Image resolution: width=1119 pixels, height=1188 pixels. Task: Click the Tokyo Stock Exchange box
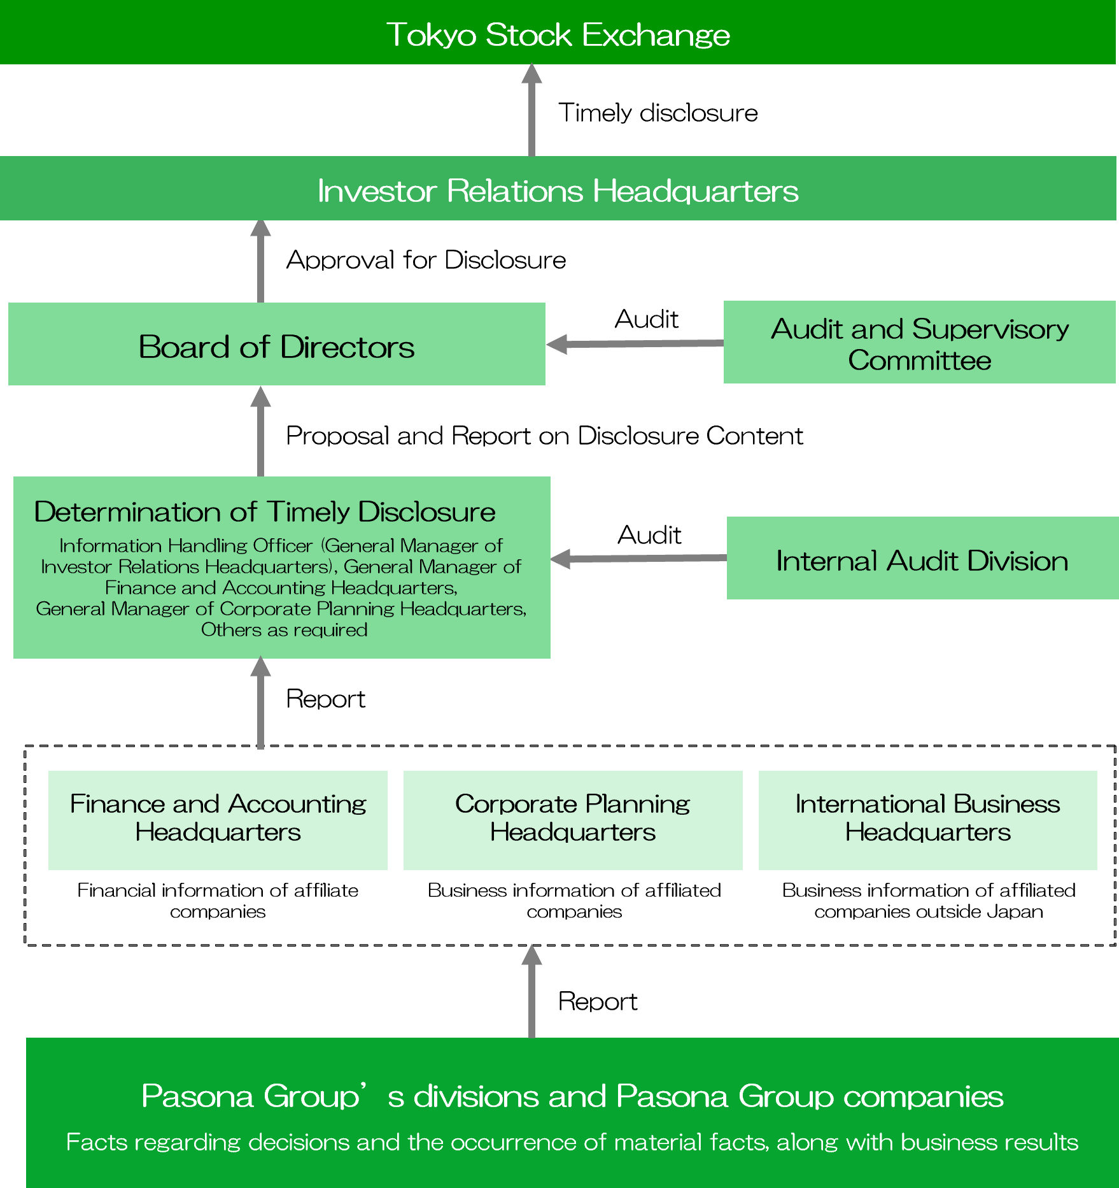pyautogui.click(x=558, y=33)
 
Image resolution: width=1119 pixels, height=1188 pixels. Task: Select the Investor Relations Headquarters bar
pyautogui.click(x=558, y=190)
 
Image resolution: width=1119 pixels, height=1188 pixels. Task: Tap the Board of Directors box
pyautogui.click(x=276, y=345)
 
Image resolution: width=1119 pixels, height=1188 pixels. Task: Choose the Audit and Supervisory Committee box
pyautogui.click(x=919, y=343)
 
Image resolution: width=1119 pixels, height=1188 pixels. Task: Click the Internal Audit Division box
pyautogui.click(x=922, y=559)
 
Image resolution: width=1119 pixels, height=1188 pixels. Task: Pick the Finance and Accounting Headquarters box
pyautogui.click(x=218, y=820)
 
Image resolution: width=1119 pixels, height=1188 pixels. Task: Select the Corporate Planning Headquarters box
pyautogui.click(x=573, y=820)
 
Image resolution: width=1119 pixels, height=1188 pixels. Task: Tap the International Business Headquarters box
pyautogui.click(x=927, y=820)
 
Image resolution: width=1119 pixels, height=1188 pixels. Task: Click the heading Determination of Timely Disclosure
pyautogui.click(x=265, y=512)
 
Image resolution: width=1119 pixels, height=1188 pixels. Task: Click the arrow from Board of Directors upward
pyautogui.click(x=260, y=261)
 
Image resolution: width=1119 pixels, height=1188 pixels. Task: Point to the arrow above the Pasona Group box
pyautogui.click(x=531, y=991)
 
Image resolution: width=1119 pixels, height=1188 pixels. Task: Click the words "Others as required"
pyautogui.click(x=284, y=630)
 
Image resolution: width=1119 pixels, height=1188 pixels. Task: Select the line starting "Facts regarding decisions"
pyautogui.click(x=572, y=1142)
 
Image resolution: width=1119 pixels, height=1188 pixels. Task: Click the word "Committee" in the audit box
pyautogui.click(x=919, y=361)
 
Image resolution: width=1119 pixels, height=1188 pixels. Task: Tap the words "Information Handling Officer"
pyautogui.click(x=186, y=546)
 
